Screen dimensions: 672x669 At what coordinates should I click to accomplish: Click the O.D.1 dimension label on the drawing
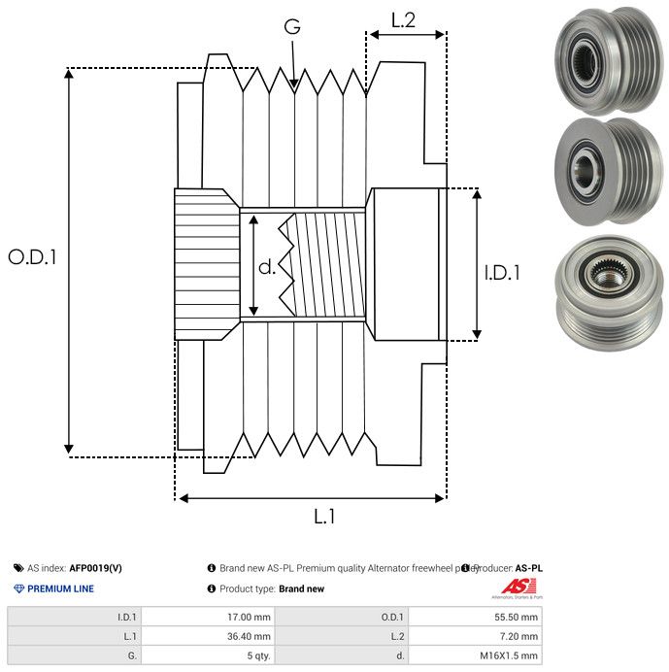tap(33, 257)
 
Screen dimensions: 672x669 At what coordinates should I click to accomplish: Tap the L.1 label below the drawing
tap(324, 517)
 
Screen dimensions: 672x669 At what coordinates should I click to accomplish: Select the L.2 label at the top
tap(404, 19)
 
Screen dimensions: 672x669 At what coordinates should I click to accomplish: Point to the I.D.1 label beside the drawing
tap(502, 274)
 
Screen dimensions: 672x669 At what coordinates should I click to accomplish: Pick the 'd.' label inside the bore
tap(266, 267)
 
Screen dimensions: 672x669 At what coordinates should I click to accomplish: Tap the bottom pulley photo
tap(602, 286)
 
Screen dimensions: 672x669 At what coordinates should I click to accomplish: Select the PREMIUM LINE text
tap(60, 588)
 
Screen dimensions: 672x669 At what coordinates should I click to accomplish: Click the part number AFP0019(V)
tap(95, 568)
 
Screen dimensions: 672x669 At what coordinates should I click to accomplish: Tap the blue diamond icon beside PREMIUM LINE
tap(18, 588)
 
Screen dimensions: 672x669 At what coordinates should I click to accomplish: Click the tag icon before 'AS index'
tap(18, 568)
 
